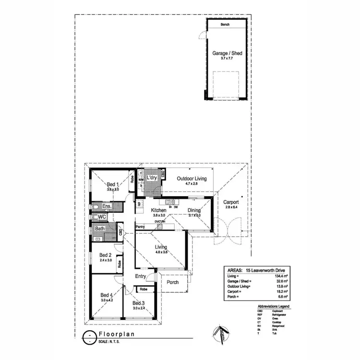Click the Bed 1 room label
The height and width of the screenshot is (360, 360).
point(112,184)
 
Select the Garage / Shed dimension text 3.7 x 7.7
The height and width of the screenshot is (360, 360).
point(227,58)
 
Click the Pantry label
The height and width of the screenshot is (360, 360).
point(141,226)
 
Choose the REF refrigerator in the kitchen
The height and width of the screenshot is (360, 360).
point(139,204)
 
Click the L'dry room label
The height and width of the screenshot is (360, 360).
point(152,178)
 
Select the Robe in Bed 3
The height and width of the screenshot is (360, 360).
point(143,289)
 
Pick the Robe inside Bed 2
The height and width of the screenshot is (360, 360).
point(119,264)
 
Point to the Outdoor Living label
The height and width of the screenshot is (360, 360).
point(192,179)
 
